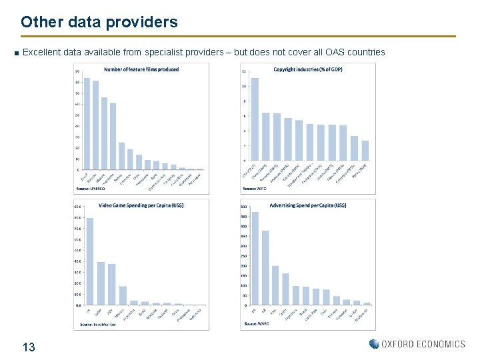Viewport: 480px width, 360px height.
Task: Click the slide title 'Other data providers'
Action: pos(99,22)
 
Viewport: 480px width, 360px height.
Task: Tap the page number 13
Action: pos(29,347)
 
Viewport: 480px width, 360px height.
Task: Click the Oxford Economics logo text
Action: pos(423,344)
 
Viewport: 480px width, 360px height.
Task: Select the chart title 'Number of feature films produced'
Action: pos(141,69)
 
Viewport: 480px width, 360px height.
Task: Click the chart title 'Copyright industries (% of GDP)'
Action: pos(308,69)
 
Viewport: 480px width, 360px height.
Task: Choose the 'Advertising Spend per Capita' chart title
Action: pos(308,205)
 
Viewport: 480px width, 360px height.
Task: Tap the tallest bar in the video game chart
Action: pos(90,261)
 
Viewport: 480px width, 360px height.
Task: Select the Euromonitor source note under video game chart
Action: pos(95,324)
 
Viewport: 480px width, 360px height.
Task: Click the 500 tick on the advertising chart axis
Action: pos(244,207)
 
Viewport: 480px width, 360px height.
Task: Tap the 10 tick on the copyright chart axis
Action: pos(244,86)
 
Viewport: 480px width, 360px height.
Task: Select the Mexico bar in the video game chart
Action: pos(123,295)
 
